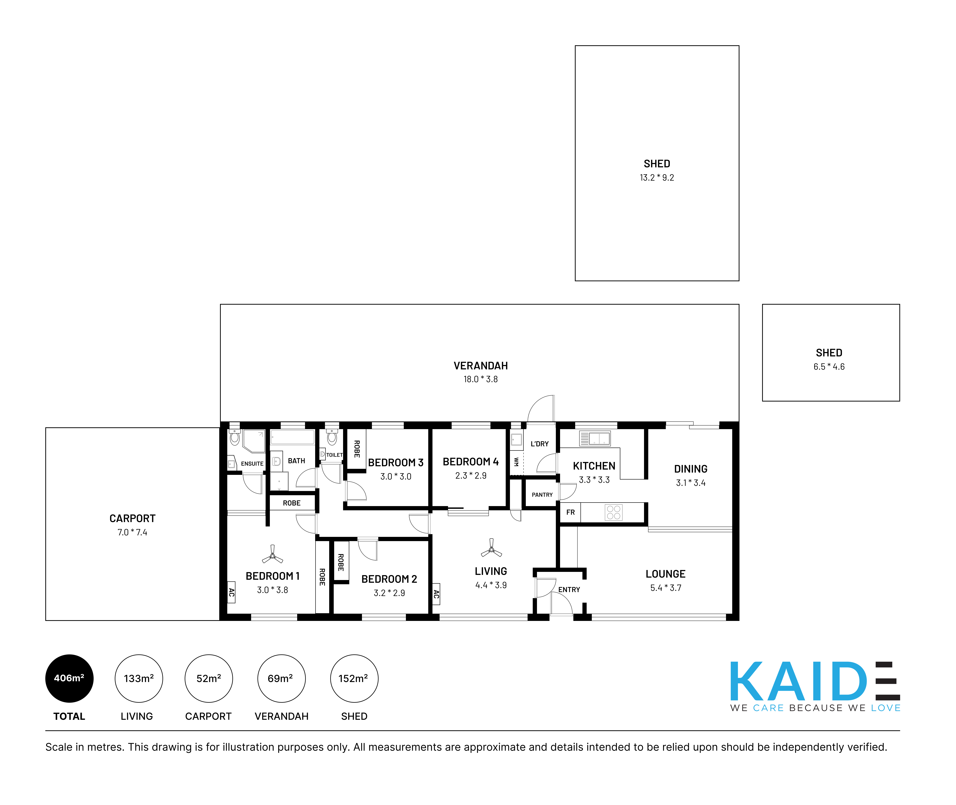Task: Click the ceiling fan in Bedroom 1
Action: tap(272, 555)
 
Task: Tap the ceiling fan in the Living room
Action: tap(492, 549)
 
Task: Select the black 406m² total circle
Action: tap(69, 679)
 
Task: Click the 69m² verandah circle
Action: tap(281, 679)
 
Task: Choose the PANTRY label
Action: tap(542, 495)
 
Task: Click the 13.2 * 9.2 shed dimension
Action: tap(657, 177)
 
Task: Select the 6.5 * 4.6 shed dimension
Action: tap(829, 367)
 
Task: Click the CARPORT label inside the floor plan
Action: tap(132, 518)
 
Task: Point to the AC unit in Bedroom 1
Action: tap(231, 592)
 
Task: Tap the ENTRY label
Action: tap(569, 590)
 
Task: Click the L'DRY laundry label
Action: tap(539, 444)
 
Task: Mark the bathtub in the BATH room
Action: tap(292, 437)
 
